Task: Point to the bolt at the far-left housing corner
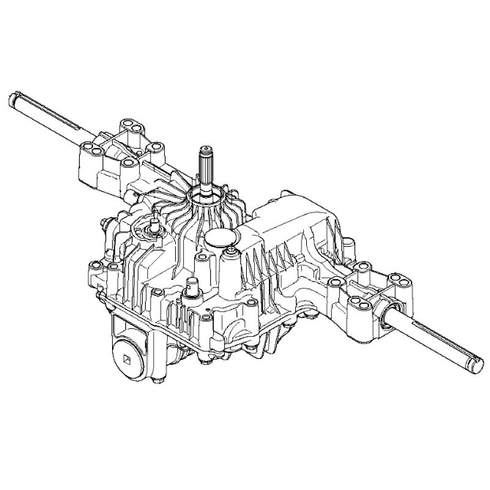click(x=95, y=267)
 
